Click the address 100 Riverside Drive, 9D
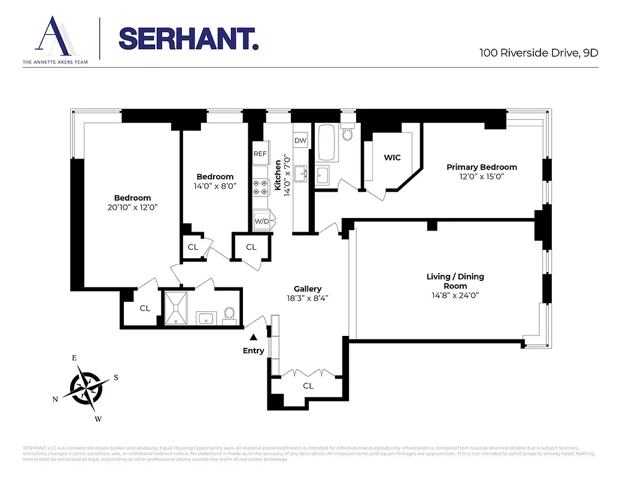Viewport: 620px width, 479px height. click(x=539, y=52)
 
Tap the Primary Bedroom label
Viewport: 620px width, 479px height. click(x=482, y=167)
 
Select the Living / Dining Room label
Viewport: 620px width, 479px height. click(x=455, y=281)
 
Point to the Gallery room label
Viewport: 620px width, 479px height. click(x=308, y=289)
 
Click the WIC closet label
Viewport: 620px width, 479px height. click(x=393, y=157)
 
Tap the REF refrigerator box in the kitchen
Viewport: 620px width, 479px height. click(x=260, y=154)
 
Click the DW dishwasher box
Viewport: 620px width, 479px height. click(x=300, y=141)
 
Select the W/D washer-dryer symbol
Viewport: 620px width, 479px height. click(x=262, y=222)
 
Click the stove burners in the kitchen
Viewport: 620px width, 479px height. click(x=260, y=187)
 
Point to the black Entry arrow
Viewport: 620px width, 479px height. click(x=254, y=338)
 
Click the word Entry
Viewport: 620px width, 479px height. click(x=254, y=351)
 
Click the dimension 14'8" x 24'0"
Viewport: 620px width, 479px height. click(x=455, y=295)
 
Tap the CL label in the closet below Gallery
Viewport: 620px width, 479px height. click(x=308, y=386)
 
